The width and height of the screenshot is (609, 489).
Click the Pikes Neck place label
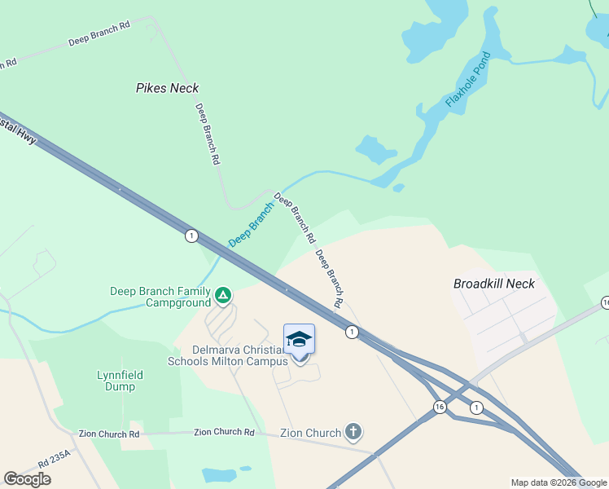coord(167,88)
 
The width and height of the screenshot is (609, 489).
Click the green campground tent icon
coord(223,294)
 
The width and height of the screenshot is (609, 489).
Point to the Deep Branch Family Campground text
coord(160,297)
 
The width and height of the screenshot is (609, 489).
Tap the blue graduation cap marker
coord(299,339)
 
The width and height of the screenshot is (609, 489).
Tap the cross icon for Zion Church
coord(353,431)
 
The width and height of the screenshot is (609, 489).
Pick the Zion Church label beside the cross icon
coord(310,432)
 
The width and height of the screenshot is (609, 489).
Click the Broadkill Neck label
coord(493,284)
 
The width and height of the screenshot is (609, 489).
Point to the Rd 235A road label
coord(55,460)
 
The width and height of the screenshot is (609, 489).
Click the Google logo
coord(27,479)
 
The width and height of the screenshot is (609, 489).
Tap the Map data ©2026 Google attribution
coord(559,482)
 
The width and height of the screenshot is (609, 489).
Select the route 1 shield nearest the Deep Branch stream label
coord(191,236)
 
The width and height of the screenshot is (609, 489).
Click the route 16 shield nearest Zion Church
coord(440,407)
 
